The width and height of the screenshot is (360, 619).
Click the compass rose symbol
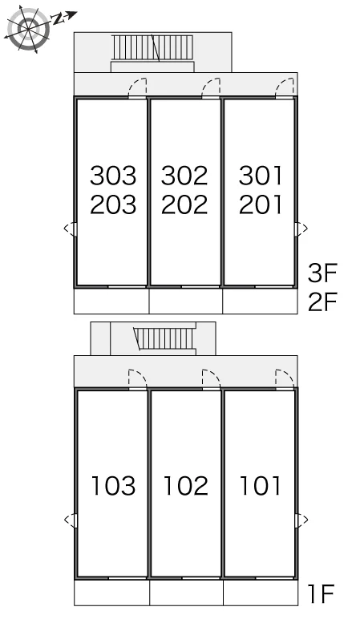click(x=28, y=29)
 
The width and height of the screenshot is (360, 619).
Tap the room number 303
click(x=113, y=176)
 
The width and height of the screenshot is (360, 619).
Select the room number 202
click(x=184, y=205)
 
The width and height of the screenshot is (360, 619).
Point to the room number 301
click(x=261, y=176)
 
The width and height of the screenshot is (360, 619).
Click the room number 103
click(x=113, y=486)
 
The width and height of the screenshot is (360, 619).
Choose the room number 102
click(x=185, y=486)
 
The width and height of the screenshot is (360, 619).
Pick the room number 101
click(x=261, y=486)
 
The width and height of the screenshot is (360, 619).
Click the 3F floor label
click(x=322, y=273)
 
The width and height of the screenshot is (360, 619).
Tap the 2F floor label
click(x=322, y=301)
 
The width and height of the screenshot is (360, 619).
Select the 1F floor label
click(x=321, y=593)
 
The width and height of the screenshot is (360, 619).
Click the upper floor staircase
click(x=153, y=48)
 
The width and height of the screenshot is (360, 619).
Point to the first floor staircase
click(x=164, y=338)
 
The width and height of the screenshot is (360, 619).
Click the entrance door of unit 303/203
click(x=138, y=87)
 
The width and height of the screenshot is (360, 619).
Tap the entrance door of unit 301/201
click(x=285, y=87)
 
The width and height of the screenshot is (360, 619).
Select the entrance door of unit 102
click(x=211, y=379)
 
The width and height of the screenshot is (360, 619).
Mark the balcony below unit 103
click(x=111, y=593)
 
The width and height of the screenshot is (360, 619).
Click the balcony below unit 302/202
click(x=186, y=301)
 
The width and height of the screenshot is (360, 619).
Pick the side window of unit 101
click(x=301, y=520)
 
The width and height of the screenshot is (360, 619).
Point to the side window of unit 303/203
click(x=71, y=229)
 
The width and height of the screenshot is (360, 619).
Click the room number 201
click(x=261, y=205)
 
